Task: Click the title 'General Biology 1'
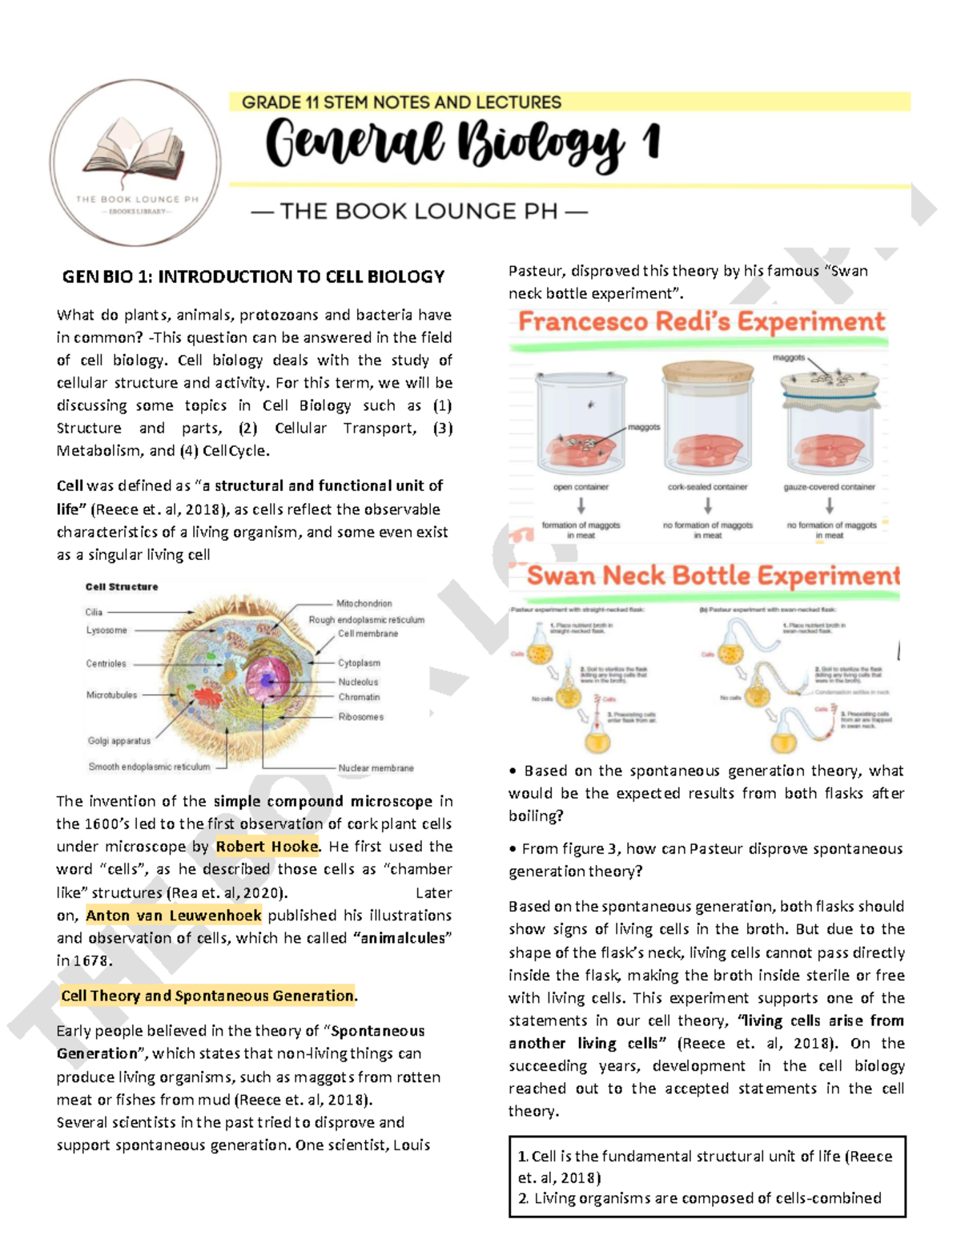pos(462,144)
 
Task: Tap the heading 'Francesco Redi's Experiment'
pos(701,322)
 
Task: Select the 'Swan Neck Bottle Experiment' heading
pos(713,575)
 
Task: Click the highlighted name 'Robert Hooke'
pos(267,847)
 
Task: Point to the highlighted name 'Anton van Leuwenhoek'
pos(174,916)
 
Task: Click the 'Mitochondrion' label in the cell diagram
pos(364,603)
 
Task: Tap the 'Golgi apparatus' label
pos(119,741)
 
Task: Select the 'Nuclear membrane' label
pos(376,767)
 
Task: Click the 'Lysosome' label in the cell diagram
pos(107,630)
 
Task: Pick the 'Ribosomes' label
pos(360,717)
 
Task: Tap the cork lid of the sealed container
pos(708,373)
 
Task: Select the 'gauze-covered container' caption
pos(829,487)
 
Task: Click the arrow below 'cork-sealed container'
pos(708,505)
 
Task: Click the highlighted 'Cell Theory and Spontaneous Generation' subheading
pos(207,996)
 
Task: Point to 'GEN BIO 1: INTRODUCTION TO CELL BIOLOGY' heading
pos(253,277)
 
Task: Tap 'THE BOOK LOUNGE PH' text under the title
pos(419,211)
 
